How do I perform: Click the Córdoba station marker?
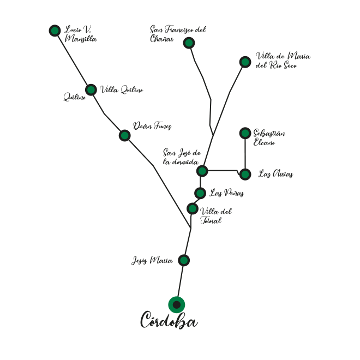(176, 304)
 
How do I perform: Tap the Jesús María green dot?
(184, 260)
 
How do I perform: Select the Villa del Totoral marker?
(193, 209)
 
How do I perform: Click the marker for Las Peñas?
(200, 193)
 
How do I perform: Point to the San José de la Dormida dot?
(202, 171)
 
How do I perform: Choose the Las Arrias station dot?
(245, 175)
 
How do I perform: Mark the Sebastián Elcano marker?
(245, 133)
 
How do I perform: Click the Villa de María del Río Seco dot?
(245, 62)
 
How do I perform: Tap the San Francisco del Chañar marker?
(189, 43)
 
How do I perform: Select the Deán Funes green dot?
(125, 135)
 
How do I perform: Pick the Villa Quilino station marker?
(91, 90)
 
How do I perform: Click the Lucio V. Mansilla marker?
(55, 31)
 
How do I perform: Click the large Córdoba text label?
(169, 320)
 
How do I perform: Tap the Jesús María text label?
(152, 261)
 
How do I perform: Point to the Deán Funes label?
(152, 126)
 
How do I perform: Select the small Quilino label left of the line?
(75, 97)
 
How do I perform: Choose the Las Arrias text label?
(275, 174)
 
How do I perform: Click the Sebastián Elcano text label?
(269, 137)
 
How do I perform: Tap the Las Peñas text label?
(226, 193)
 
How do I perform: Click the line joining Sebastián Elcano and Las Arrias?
(245, 154)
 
